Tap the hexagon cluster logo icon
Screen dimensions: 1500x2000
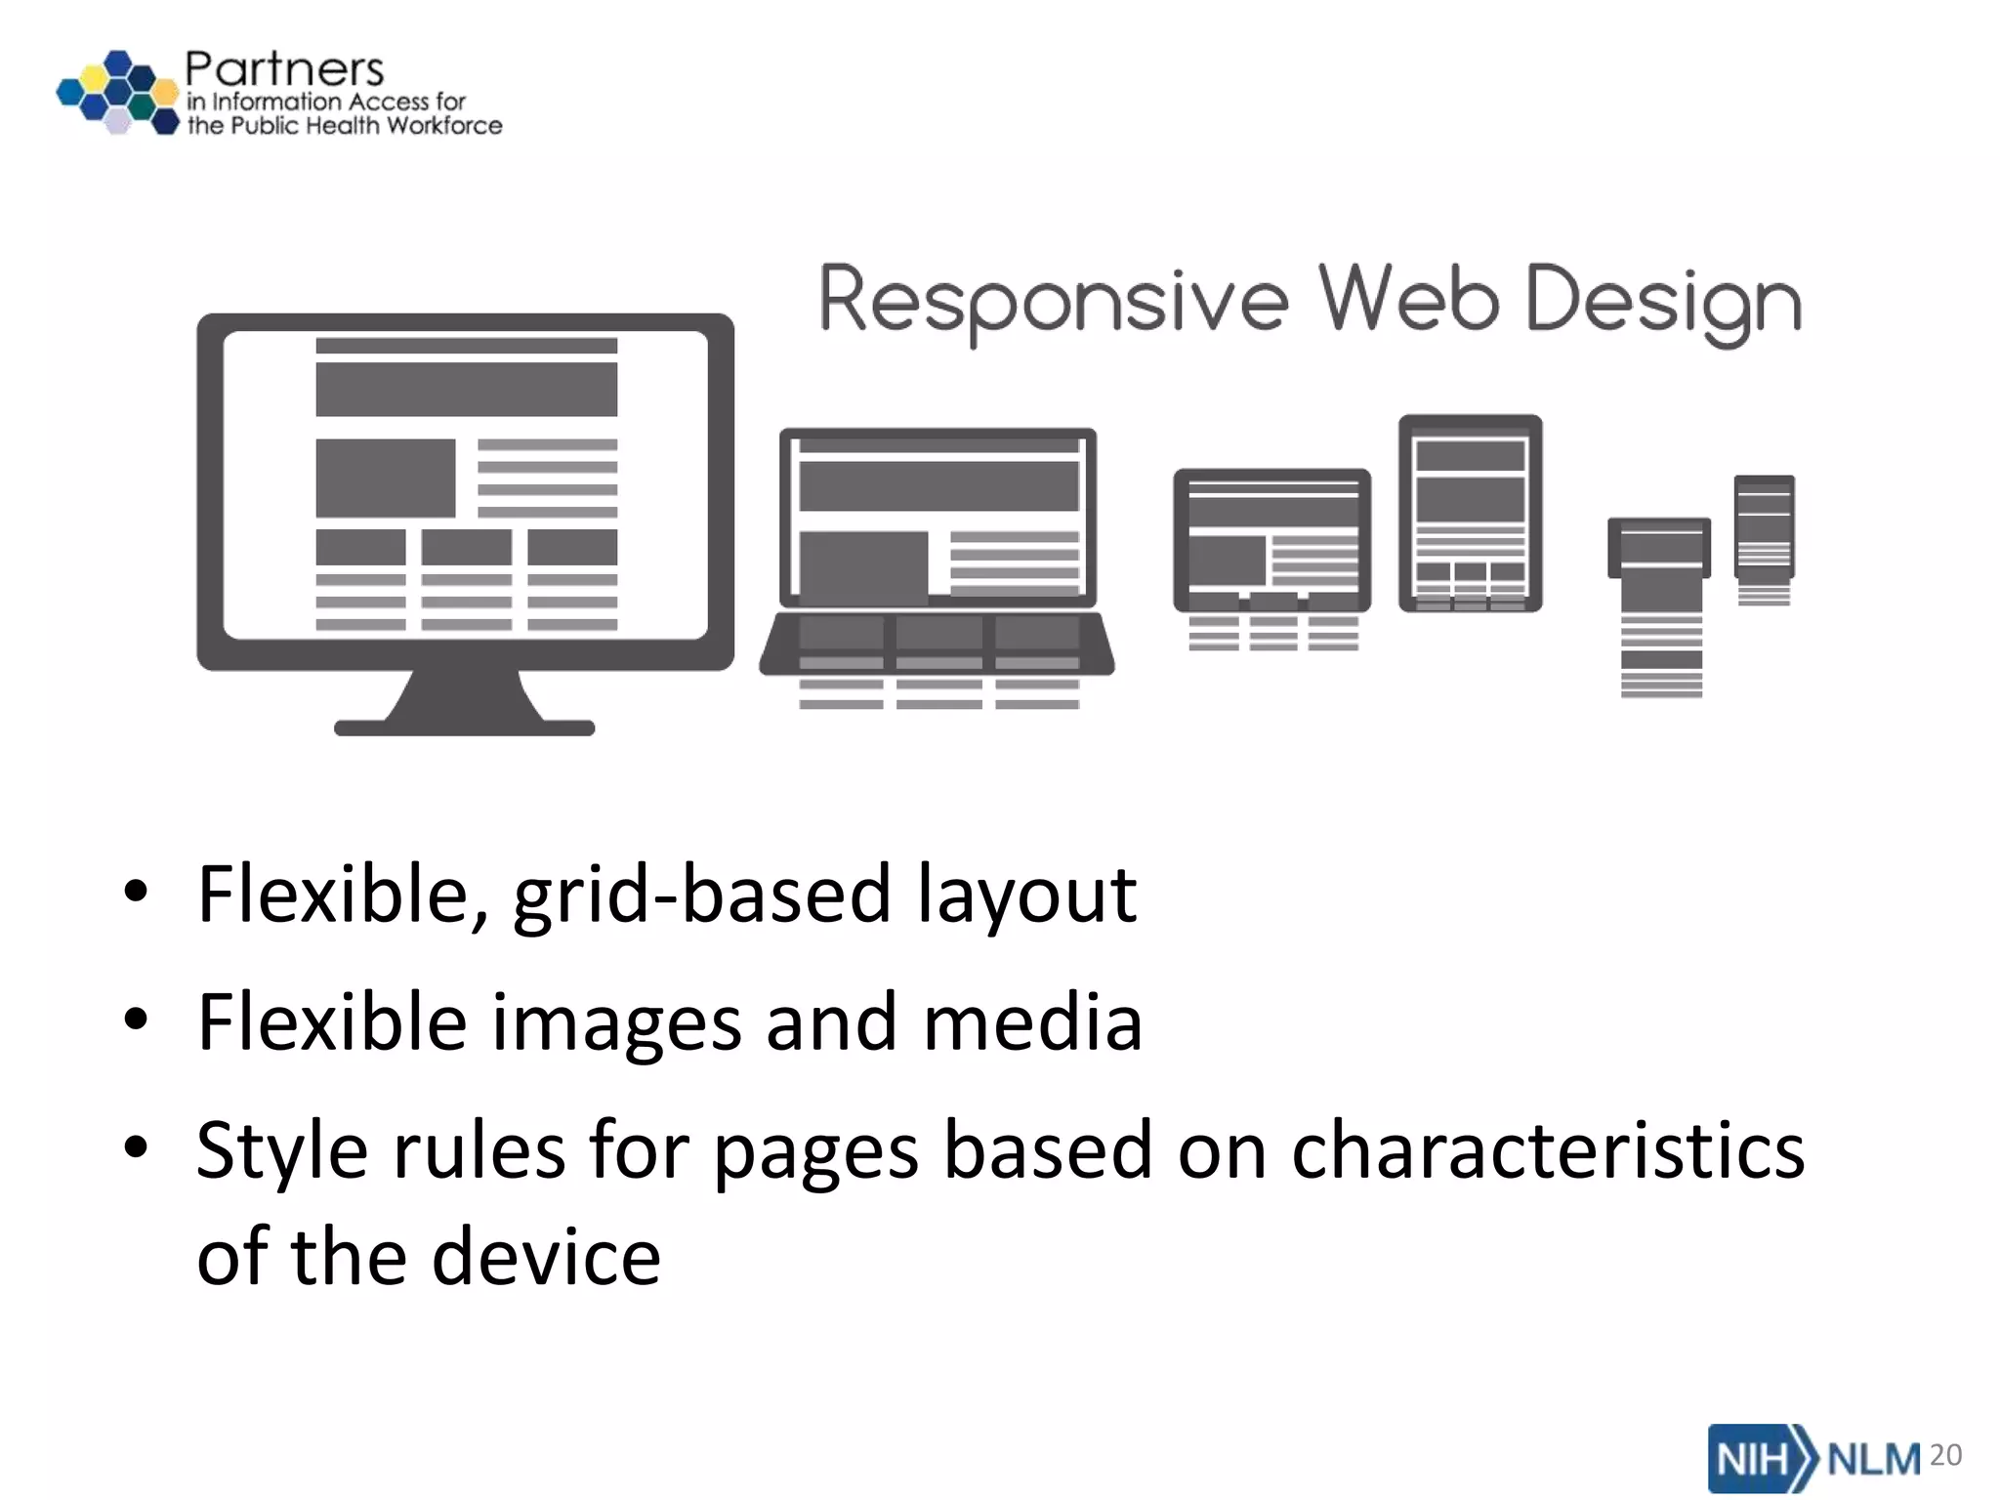point(118,92)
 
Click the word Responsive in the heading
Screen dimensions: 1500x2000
point(1054,301)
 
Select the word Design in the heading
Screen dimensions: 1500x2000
point(1662,301)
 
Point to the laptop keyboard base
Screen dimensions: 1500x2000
point(937,645)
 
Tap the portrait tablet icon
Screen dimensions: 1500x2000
point(1470,514)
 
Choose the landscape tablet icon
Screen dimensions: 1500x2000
point(1271,540)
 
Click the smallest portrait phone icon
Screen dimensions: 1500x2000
point(1764,527)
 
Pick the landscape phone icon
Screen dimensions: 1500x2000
point(1659,548)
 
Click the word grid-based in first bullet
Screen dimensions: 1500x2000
point(702,895)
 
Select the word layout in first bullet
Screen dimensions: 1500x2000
point(1026,895)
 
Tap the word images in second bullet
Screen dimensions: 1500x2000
point(615,1022)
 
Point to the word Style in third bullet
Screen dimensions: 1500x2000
point(282,1151)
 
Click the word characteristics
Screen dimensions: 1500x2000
point(1548,1151)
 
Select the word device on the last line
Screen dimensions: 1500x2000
point(546,1257)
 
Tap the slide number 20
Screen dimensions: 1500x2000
point(1945,1455)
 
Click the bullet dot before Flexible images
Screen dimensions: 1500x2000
point(136,1020)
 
